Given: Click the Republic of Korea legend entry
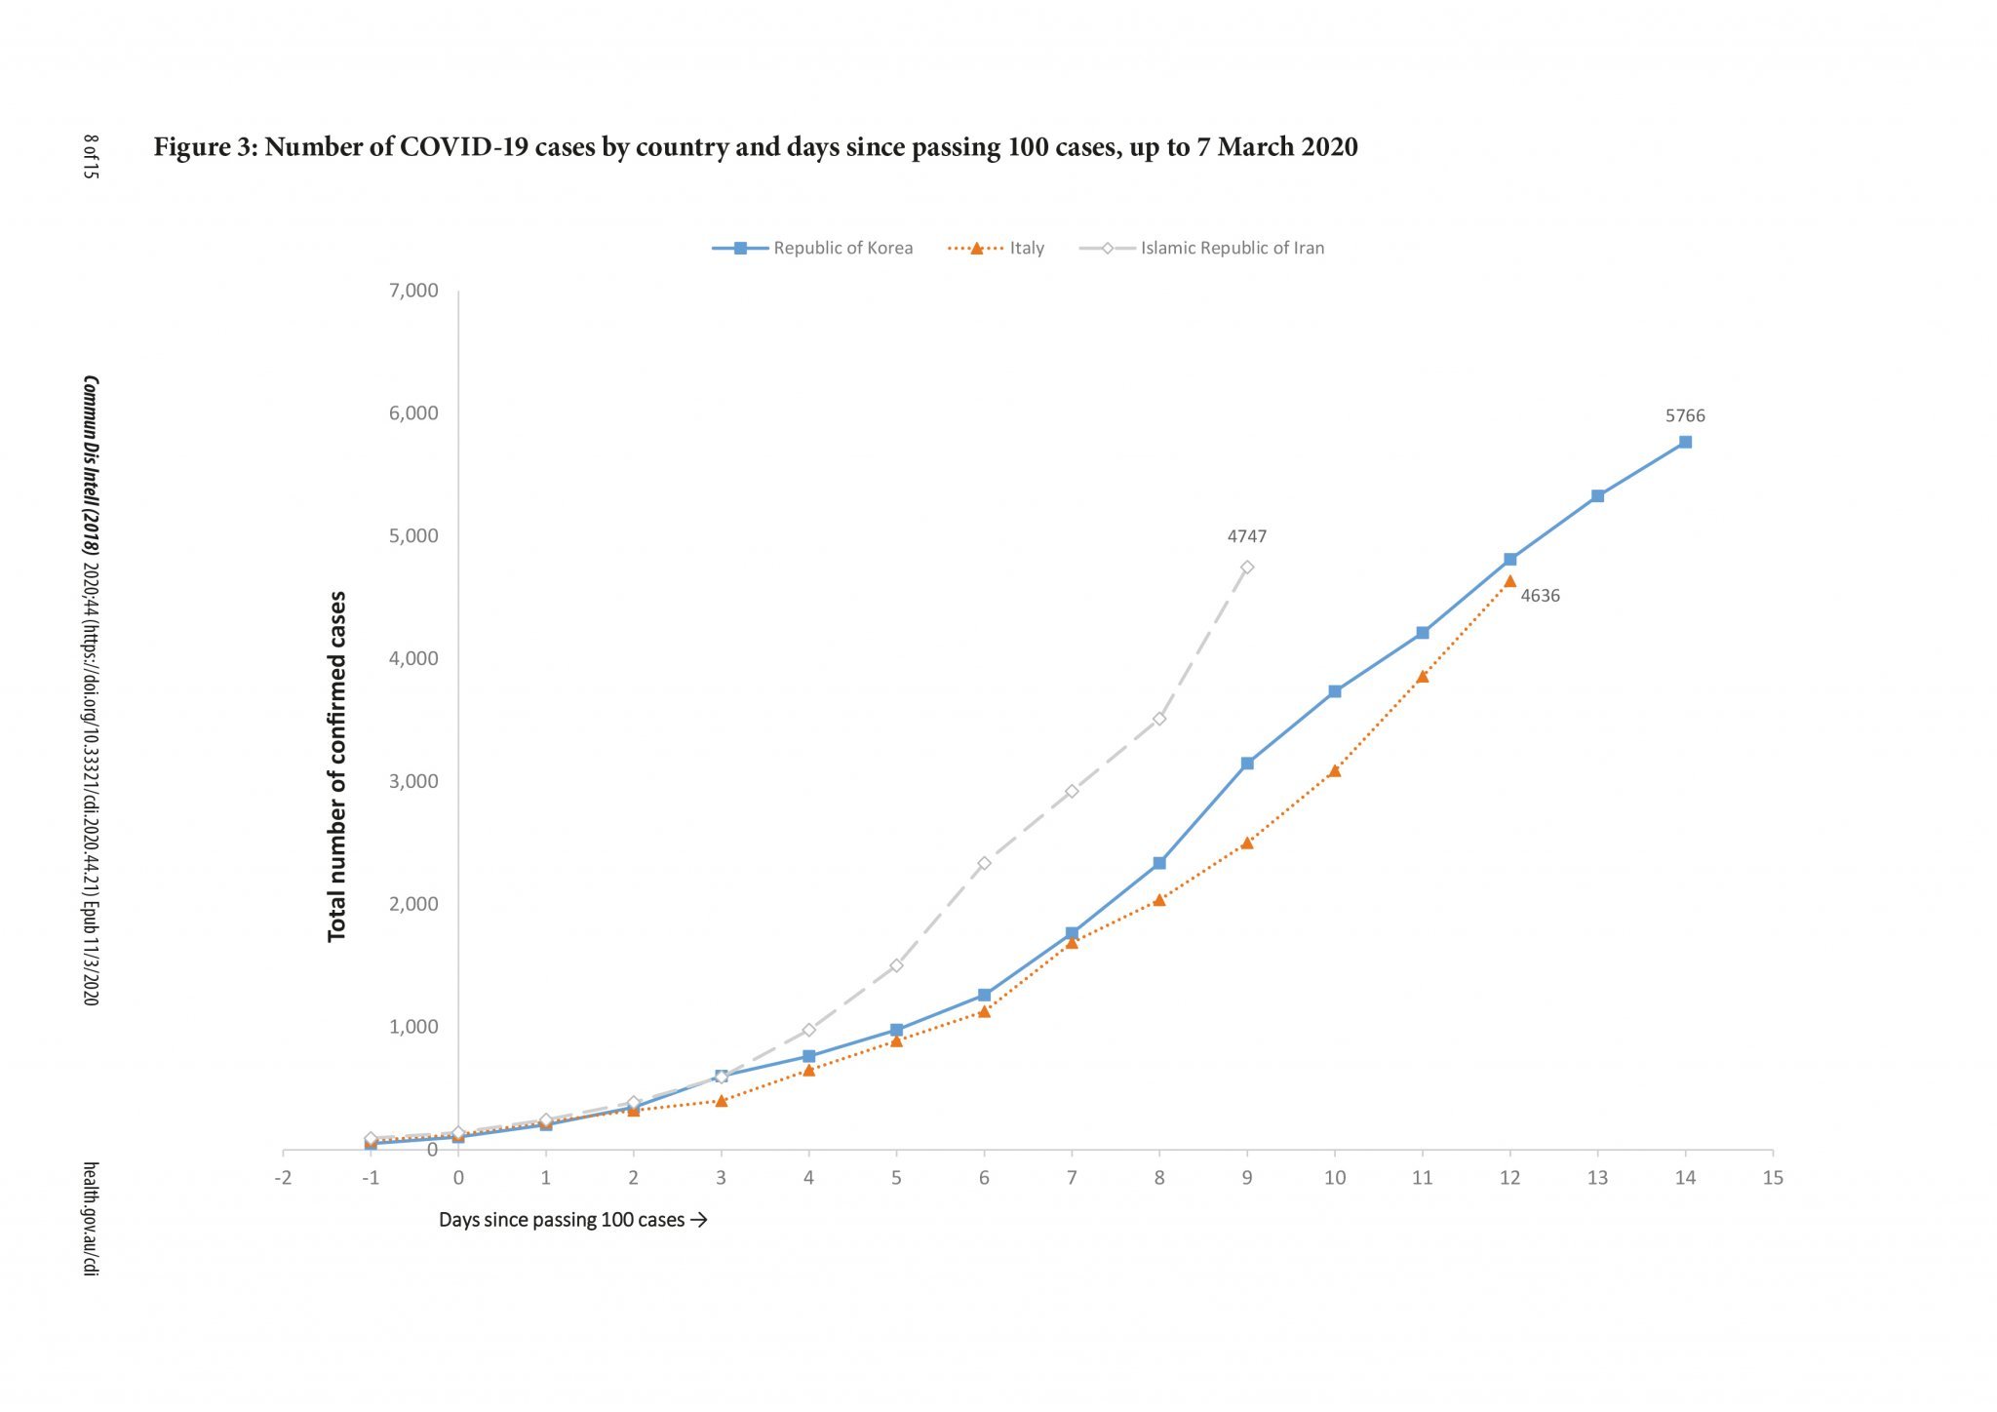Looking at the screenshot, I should click(x=813, y=248).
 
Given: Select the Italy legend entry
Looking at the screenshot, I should click(x=997, y=248).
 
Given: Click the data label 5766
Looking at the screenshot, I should click(x=1685, y=415).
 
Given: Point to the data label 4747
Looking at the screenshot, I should click(x=1246, y=536).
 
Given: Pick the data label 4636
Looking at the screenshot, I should click(x=1540, y=596).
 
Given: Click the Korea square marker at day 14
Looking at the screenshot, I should click(x=1685, y=442).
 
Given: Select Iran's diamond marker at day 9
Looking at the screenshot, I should click(x=1247, y=567).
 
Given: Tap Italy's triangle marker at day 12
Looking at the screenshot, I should click(x=1509, y=581).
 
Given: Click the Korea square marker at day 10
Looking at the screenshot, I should click(x=1335, y=691).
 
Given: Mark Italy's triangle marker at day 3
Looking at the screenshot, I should click(x=721, y=1100).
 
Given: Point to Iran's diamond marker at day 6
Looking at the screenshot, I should click(x=984, y=863).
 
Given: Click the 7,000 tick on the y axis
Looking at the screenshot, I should click(x=413, y=291).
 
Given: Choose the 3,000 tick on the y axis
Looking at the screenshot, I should click(x=413, y=781).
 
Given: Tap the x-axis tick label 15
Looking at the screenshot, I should click(x=1773, y=1178).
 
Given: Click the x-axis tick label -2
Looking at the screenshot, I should click(x=283, y=1178).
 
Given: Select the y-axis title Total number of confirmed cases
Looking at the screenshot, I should click(x=337, y=766).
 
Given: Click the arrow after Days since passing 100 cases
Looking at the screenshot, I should click(x=698, y=1220).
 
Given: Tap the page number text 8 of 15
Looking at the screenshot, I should click(x=90, y=155).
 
